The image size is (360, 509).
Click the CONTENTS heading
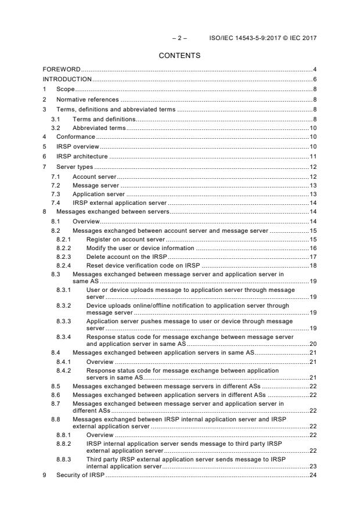pos(179,56)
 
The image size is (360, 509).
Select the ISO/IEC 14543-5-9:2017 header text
pos(263,38)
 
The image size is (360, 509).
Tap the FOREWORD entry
pos(62,70)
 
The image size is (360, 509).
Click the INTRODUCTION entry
pos(67,80)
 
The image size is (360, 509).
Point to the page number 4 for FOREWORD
pos(314,70)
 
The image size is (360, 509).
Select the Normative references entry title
pos(87,99)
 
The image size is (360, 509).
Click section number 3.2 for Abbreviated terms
pos(56,127)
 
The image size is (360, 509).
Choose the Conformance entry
pos(75,137)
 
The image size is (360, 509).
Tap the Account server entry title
pos(94,176)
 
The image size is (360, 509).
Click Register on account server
pos(125,239)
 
